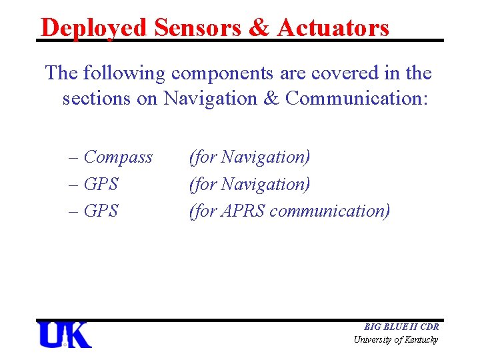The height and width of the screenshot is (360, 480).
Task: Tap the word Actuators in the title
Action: tap(333, 28)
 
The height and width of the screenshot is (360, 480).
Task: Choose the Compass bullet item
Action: tap(117, 157)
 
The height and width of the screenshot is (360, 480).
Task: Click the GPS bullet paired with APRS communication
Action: tap(101, 211)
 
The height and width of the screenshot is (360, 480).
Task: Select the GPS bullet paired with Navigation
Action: tap(101, 184)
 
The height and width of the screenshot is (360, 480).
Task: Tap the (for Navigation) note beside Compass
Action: tap(249, 157)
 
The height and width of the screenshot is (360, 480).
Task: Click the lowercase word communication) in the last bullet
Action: tap(333, 211)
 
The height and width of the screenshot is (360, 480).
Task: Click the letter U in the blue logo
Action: tap(52, 335)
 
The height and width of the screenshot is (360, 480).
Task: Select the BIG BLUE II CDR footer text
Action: tap(401, 327)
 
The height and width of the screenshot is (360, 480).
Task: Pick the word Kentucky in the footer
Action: tap(421, 340)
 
